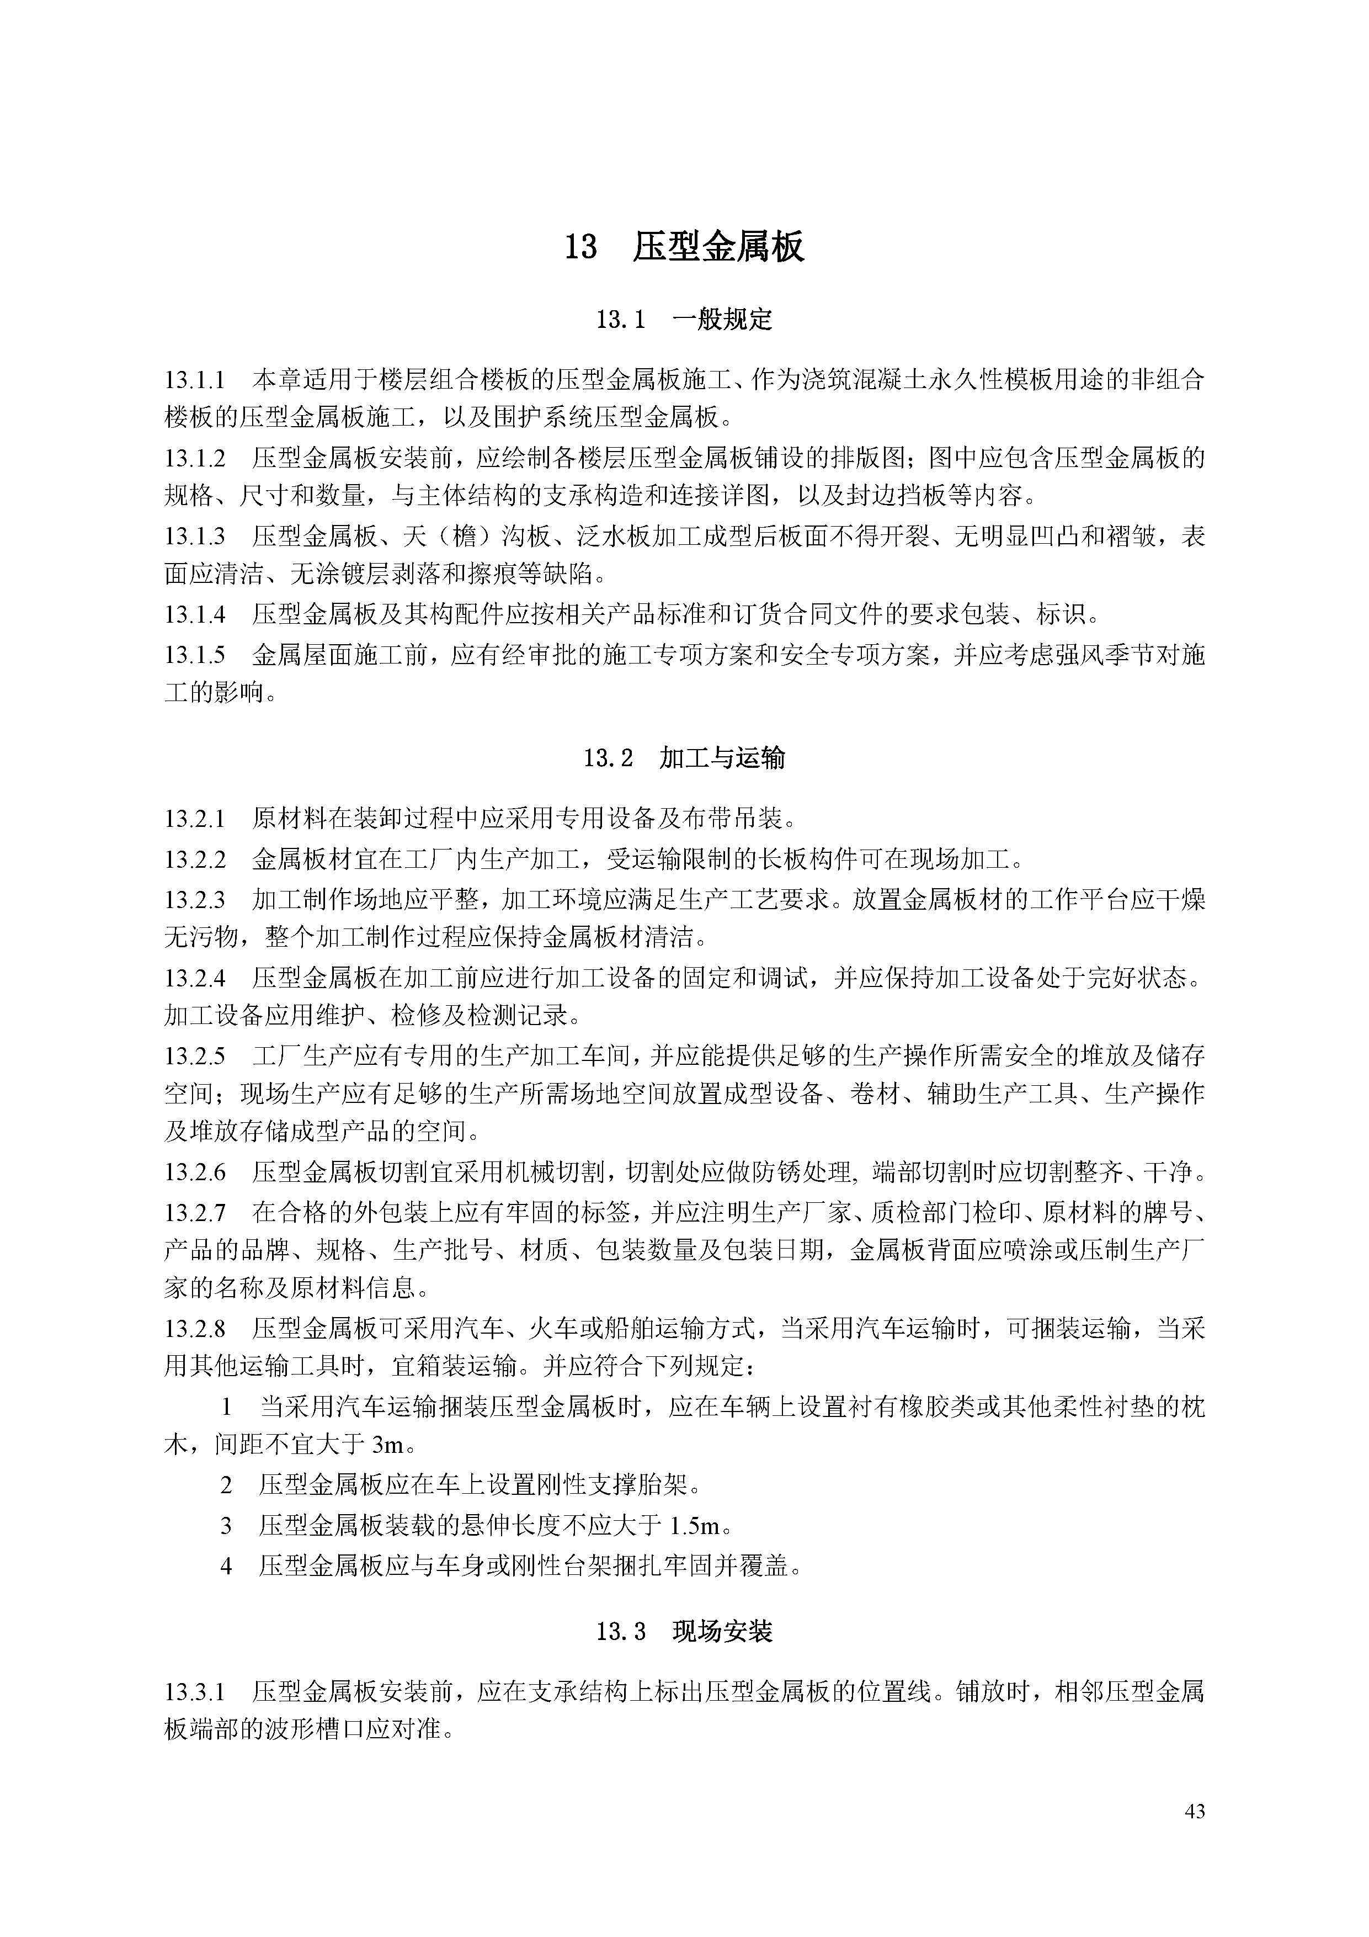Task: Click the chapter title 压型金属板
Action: (x=718, y=247)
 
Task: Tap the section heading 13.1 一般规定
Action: (x=684, y=320)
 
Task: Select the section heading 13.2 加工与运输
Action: (x=684, y=757)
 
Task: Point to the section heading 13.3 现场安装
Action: (x=684, y=1632)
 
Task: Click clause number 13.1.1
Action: (x=195, y=380)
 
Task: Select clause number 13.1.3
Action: (x=195, y=537)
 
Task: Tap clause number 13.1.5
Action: (x=195, y=655)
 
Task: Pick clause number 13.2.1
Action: (x=195, y=818)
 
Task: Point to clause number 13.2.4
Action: (x=195, y=979)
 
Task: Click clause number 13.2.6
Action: (x=195, y=1172)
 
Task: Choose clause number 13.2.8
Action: (x=195, y=1329)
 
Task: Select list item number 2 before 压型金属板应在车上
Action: (x=226, y=1485)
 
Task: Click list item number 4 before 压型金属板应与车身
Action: (x=226, y=1567)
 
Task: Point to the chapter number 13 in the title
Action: (x=580, y=247)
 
